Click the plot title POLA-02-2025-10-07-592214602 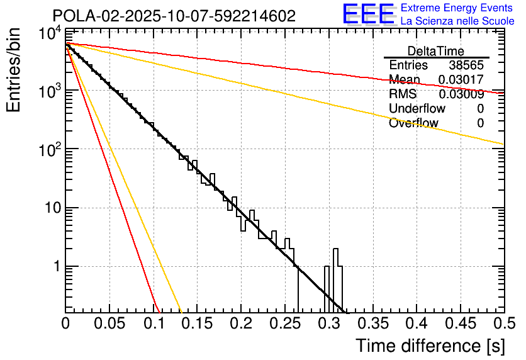[174, 16]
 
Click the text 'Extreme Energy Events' [457, 8]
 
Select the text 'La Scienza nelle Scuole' [457, 21]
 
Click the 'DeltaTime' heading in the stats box [436, 51]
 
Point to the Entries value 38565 [466, 65]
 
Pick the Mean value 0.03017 [461, 80]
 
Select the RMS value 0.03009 [461, 94]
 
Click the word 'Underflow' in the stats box [417, 109]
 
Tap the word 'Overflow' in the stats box [413, 123]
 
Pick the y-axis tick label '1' [55, 267]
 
